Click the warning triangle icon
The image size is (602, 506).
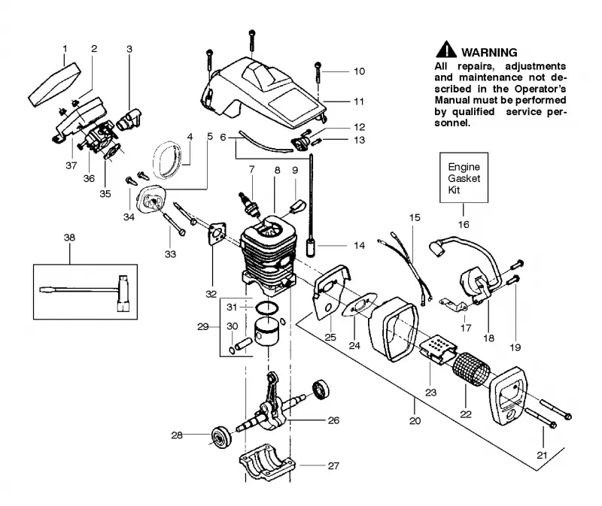click(x=446, y=50)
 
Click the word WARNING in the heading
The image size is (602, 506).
click(x=489, y=52)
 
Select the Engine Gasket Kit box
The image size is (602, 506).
click(x=464, y=177)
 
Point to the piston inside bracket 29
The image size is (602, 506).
click(x=268, y=331)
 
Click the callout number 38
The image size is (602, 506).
click(x=69, y=238)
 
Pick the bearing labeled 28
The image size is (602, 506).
click(x=222, y=435)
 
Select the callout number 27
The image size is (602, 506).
click(x=333, y=465)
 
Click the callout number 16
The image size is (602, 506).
click(x=464, y=224)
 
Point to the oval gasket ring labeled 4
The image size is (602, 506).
click(x=167, y=160)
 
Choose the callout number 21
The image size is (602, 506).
click(x=541, y=456)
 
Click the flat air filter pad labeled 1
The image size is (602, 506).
click(x=54, y=85)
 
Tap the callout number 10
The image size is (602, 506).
click(x=360, y=71)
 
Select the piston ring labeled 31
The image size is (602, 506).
click(x=267, y=307)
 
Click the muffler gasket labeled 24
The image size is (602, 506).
click(x=360, y=305)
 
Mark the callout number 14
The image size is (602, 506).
click(x=360, y=246)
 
